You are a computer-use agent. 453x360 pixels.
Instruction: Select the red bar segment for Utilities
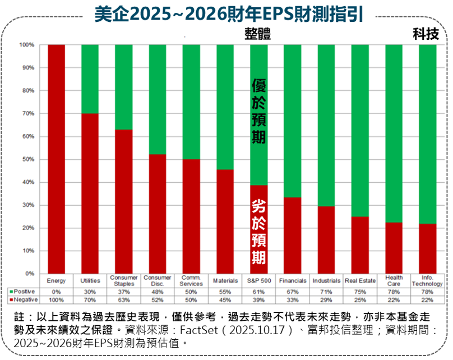(90, 193)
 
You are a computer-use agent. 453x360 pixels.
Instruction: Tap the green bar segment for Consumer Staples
(124, 87)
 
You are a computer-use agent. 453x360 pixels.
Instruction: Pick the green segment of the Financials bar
(293, 121)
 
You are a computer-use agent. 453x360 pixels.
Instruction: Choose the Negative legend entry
(23, 300)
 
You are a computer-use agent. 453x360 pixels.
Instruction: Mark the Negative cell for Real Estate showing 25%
(360, 300)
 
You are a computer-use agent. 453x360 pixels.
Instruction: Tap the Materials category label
(225, 280)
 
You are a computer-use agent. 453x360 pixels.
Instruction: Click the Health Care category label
(394, 280)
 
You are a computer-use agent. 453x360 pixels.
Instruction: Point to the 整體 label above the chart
(258, 34)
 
